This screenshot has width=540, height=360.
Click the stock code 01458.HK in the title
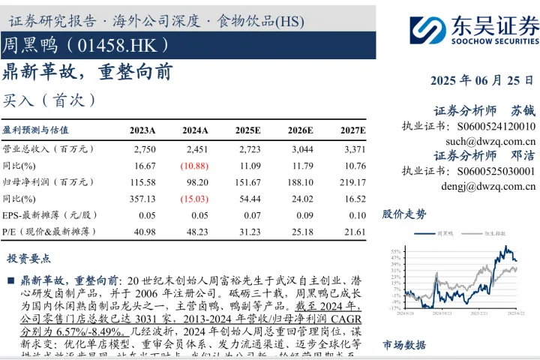click(118, 45)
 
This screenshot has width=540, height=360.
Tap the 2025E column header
click(247, 130)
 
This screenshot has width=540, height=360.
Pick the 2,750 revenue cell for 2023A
click(143, 150)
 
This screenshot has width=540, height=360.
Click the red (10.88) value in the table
click(193, 166)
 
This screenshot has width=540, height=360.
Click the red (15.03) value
click(193, 199)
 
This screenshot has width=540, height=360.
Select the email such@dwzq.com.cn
click(490, 141)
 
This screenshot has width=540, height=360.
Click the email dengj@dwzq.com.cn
click(488, 186)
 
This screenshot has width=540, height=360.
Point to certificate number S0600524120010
click(491, 126)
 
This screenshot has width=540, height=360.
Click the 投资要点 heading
click(29, 259)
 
